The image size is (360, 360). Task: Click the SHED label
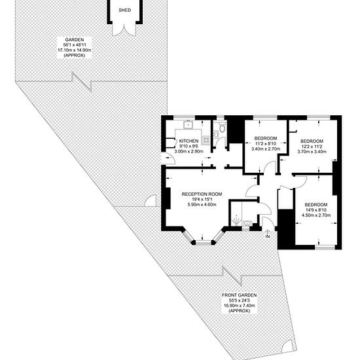(124, 10)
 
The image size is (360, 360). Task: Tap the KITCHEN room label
(189, 141)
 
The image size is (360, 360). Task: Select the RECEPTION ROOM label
(202, 194)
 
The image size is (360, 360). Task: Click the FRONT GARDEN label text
(239, 295)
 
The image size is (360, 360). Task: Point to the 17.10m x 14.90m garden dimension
(75, 50)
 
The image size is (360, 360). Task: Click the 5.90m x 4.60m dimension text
(202, 205)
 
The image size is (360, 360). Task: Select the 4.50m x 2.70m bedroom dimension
(316, 215)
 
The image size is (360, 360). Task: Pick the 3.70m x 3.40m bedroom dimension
(312, 152)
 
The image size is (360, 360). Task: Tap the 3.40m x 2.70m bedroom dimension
(266, 149)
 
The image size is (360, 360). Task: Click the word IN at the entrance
(268, 236)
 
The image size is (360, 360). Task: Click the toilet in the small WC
(222, 127)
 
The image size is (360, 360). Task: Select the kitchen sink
(188, 125)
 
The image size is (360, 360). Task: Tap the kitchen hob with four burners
(206, 140)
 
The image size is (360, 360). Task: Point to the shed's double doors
(124, 29)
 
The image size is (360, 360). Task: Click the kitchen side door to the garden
(168, 158)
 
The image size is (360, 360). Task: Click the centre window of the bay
(203, 243)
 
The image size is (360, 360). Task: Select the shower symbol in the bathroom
(236, 221)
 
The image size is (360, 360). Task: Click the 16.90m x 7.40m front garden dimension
(240, 306)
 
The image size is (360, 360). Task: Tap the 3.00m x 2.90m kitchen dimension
(189, 151)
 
